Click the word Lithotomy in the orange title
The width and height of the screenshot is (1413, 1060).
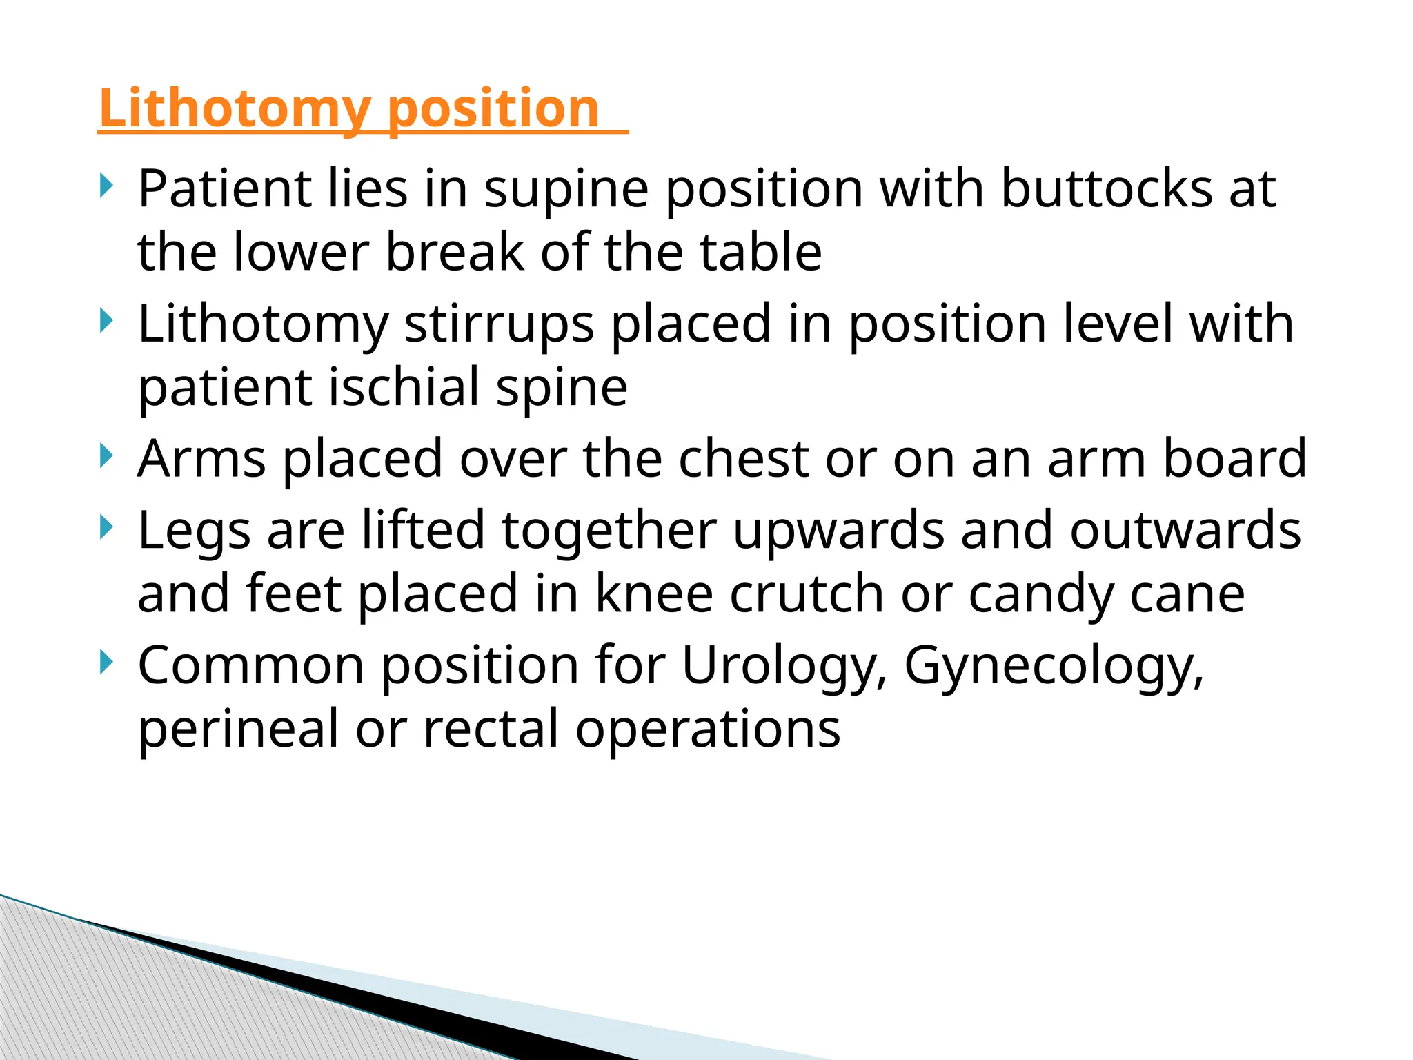coord(235,109)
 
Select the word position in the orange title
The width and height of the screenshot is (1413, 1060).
coord(493,109)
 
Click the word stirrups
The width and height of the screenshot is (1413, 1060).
coord(498,324)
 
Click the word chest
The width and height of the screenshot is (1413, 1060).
coord(743,458)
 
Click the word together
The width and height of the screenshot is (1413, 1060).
coord(609,531)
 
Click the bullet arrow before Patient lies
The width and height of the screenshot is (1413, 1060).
coord(105,185)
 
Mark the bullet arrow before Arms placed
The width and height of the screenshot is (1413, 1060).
coord(105,455)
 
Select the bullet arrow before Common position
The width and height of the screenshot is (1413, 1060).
coord(105,662)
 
